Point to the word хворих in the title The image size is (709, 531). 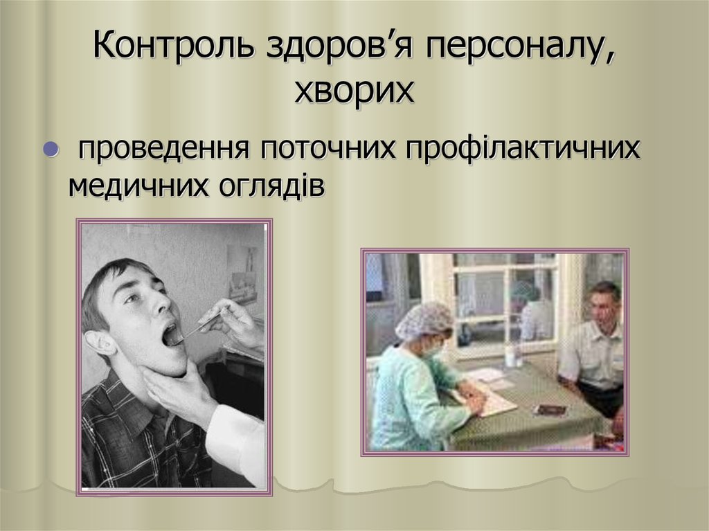point(354,91)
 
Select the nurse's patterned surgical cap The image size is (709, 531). point(423,321)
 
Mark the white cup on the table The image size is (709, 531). point(511,357)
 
